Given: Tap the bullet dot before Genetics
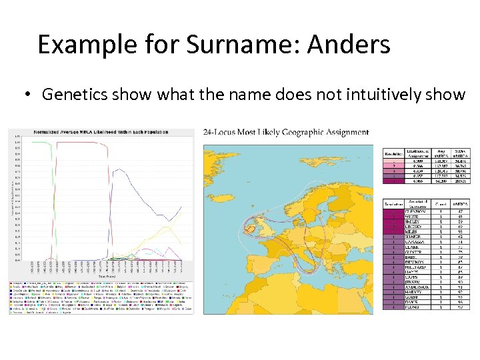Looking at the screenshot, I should (28, 95).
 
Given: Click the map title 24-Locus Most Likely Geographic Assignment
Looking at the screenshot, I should (285, 132).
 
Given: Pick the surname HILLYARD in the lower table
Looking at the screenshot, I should (415, 267).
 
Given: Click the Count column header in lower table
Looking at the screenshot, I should (440, 203).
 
